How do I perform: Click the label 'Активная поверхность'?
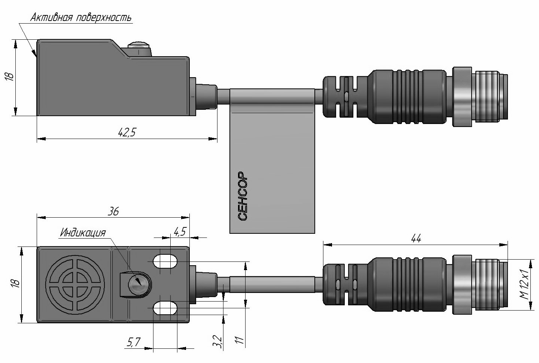click(81, 18)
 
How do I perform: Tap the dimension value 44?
click(416, 239)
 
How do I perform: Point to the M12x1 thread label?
click(525, 285)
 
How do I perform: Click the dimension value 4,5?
click(180, 232)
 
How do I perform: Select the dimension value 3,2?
click(217, 342)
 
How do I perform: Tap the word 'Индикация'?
click(83, 233)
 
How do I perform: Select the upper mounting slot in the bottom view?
click(165, 261)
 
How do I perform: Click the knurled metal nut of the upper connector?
click(462, 96)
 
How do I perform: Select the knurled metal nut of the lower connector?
click(462, 284)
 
